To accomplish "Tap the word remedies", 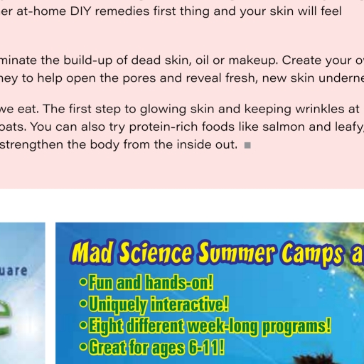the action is coord(122,11).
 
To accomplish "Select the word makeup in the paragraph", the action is coord(253,61).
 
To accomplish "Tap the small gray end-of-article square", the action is coord(247,145).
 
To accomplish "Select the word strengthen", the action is coord(31,145).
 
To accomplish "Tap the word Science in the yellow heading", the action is coord(156,252).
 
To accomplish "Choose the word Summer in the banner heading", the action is coord(237,252).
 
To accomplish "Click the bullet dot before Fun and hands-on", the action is coord(83,282).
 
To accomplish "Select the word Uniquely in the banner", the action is coord(117,305).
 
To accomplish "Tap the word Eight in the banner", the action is coord(106,326).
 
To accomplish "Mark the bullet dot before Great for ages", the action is coord(83,347).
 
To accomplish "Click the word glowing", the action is coord(163,109).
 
